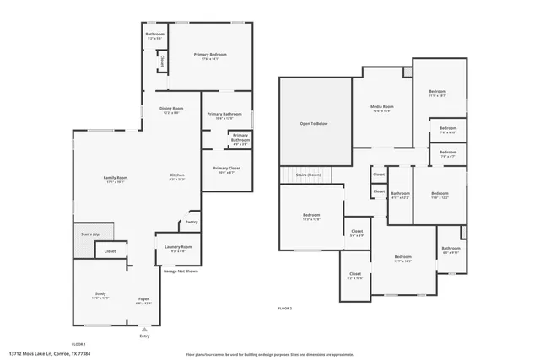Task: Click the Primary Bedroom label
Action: coord(210,55)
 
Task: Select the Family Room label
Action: coord(116,178)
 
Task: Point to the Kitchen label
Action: coord(177,175)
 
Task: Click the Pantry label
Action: coord(191,223)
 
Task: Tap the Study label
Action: coord(100,293)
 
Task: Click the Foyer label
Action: coord(143,299)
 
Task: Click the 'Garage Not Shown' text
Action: coord(181,271)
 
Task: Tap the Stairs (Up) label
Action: coord(90,234)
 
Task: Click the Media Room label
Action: coord(382,107)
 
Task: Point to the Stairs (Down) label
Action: coord(308,175)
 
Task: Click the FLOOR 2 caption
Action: coord(285,309)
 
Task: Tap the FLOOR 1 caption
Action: coord(78,344)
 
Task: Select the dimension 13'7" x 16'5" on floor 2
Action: coord(402,261)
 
